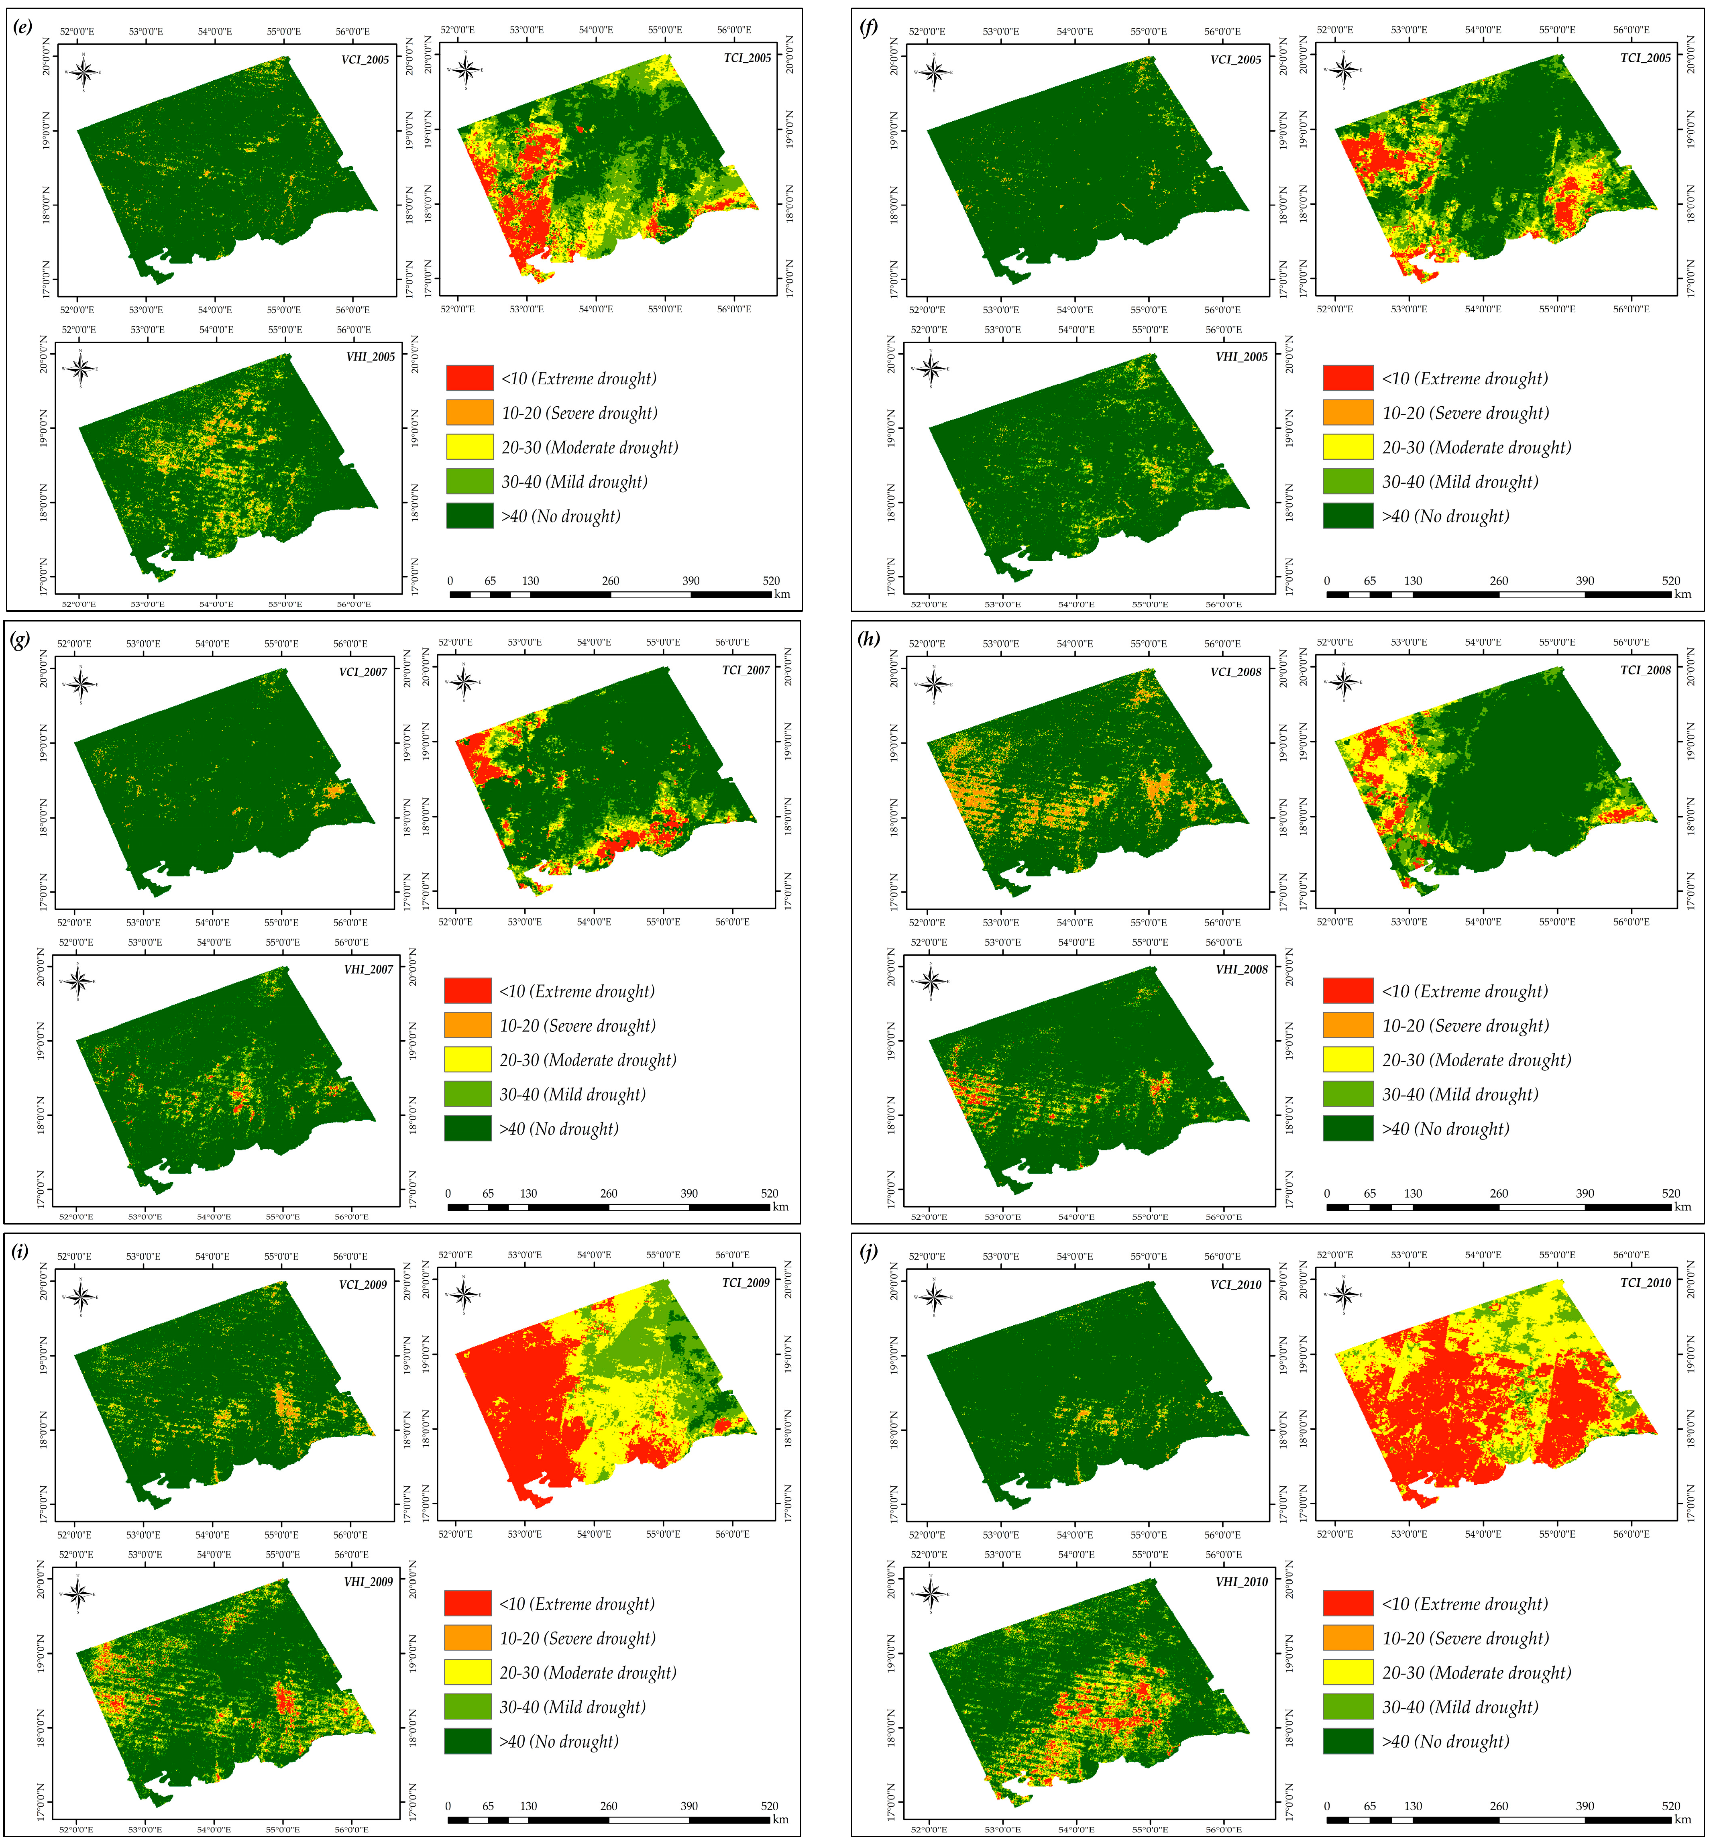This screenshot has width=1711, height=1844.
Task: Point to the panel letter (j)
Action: (868, 1251)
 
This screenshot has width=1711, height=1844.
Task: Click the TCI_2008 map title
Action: (1645, 670)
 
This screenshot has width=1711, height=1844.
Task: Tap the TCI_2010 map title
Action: (1645, 1283)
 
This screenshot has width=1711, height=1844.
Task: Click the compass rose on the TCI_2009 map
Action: (464, 1295)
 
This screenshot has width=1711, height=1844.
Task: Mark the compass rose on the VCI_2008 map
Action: (933, 684)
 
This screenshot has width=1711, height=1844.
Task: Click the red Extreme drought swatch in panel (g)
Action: (468, 990)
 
